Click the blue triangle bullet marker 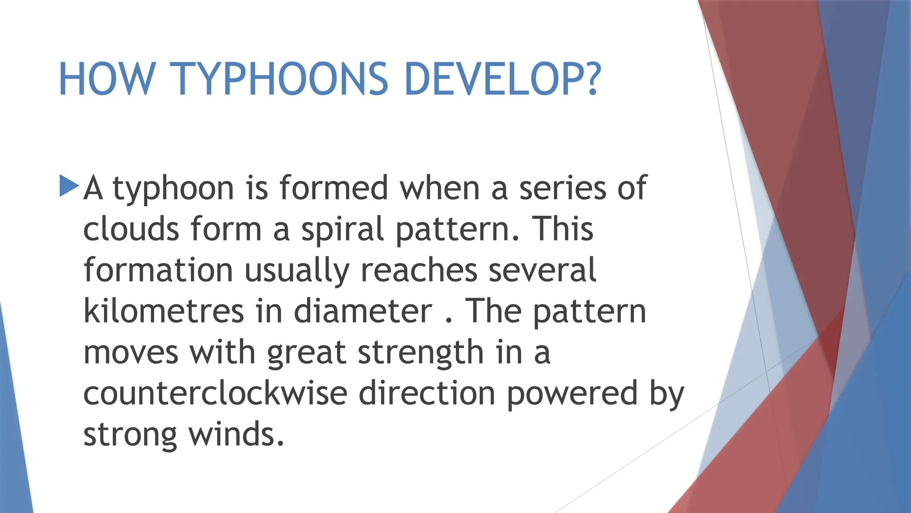[69, 186]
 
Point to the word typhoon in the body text [173, 189]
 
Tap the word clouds [132, 229]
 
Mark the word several [542, 270]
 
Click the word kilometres [164, 311]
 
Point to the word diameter [363, 311]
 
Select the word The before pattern [493, 311]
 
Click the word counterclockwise [215, 393]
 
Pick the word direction [427, 393]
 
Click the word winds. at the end [236, 434]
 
